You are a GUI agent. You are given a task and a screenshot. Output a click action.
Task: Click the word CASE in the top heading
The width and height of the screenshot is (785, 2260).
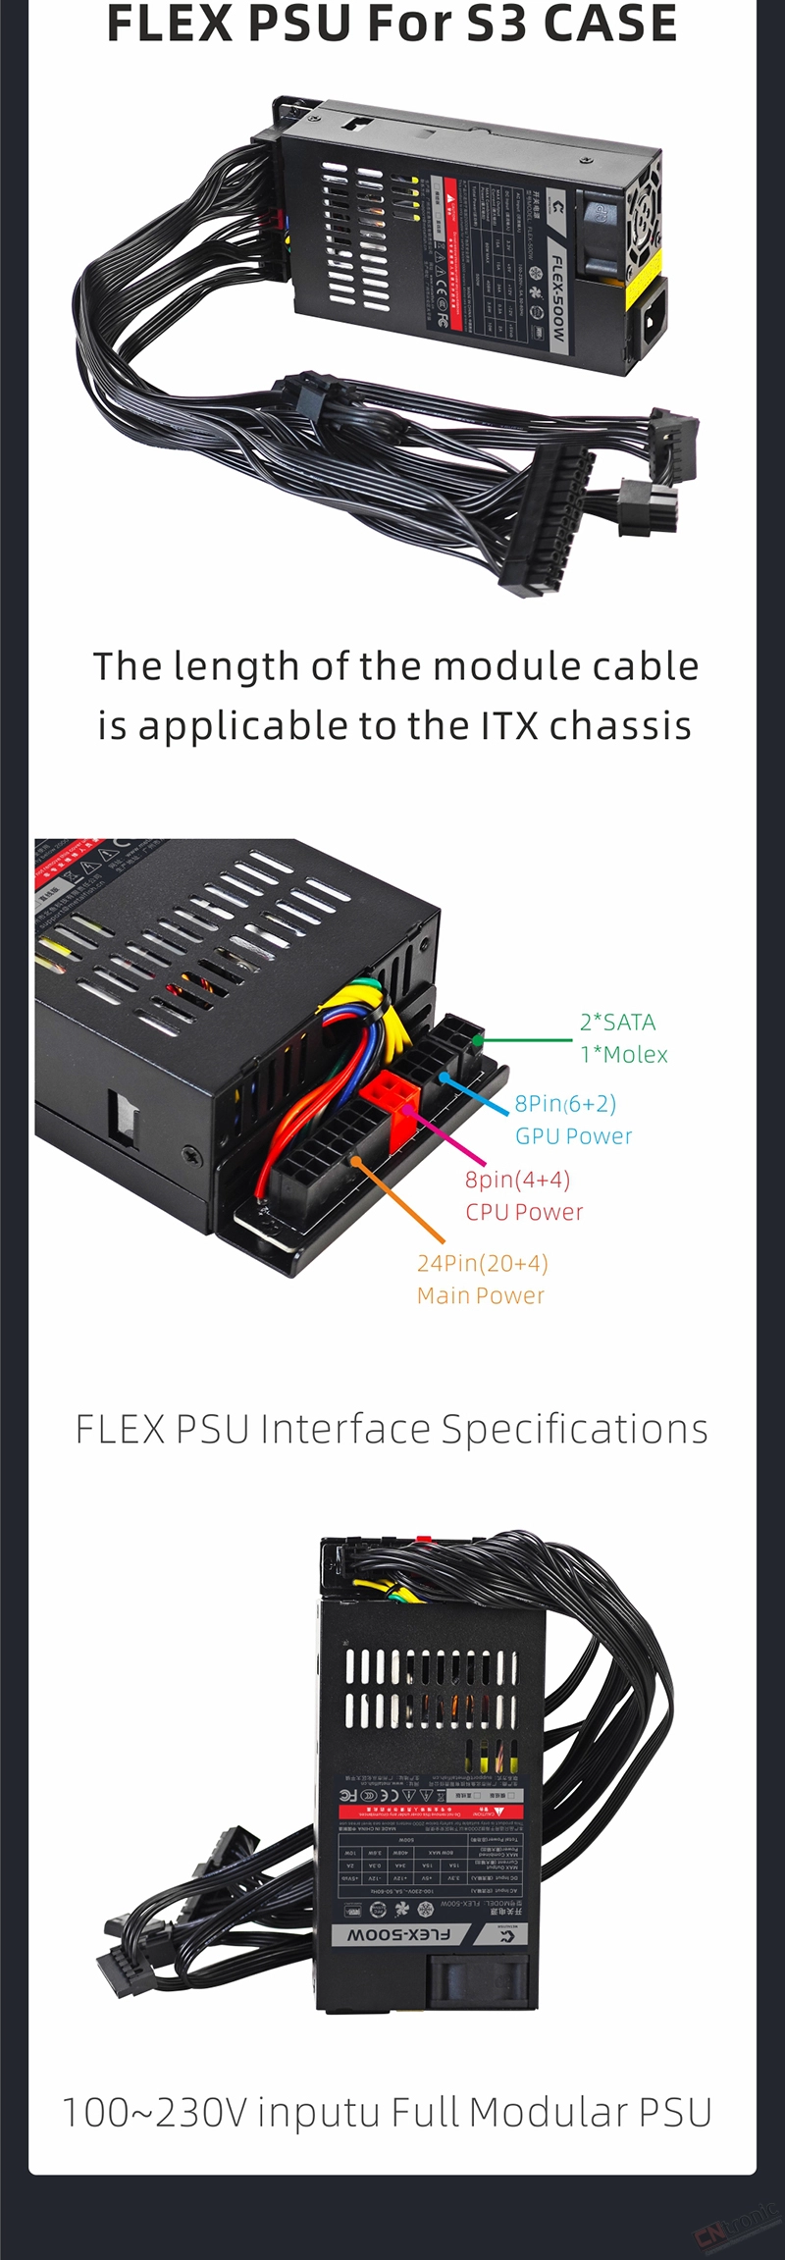[609, 24]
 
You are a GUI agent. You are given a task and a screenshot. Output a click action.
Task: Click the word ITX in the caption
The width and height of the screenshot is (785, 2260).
[509, 726]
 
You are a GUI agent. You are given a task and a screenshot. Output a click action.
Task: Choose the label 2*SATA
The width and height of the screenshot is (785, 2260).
[617, 1022]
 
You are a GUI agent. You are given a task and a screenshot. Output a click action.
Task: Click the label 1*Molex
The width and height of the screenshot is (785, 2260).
[623, 1055]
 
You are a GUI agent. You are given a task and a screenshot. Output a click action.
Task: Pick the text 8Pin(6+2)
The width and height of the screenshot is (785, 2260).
[565, 1104]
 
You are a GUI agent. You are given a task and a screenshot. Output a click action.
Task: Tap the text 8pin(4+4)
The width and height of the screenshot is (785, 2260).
[517, 1180]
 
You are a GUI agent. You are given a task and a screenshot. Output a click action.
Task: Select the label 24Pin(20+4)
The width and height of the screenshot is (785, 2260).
[482, 1263]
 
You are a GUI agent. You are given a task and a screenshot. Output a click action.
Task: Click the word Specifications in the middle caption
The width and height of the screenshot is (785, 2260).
[574, 1430]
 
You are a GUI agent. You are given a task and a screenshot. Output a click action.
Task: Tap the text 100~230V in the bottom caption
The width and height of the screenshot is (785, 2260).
[154, 2113]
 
